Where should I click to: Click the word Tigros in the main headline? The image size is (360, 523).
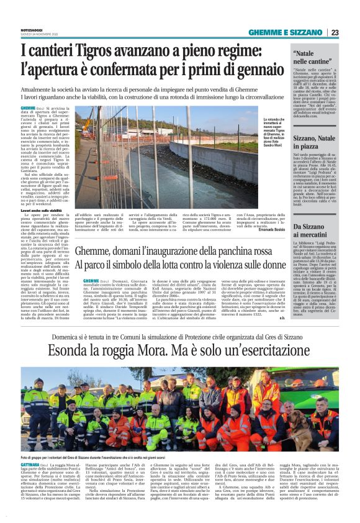[77, 48]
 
